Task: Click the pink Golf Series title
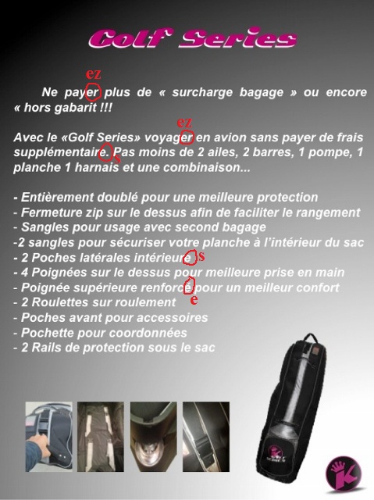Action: pos(192,38)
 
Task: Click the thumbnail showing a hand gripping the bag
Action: pos(48,437)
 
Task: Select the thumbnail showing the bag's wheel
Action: pos(154,437)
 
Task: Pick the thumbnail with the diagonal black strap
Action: pos(206,437)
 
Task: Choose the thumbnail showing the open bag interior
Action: pos(101,437)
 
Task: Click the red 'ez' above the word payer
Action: pos(94,74)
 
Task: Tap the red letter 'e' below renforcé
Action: pos(194,299)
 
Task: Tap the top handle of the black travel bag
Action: pos(310,338)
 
